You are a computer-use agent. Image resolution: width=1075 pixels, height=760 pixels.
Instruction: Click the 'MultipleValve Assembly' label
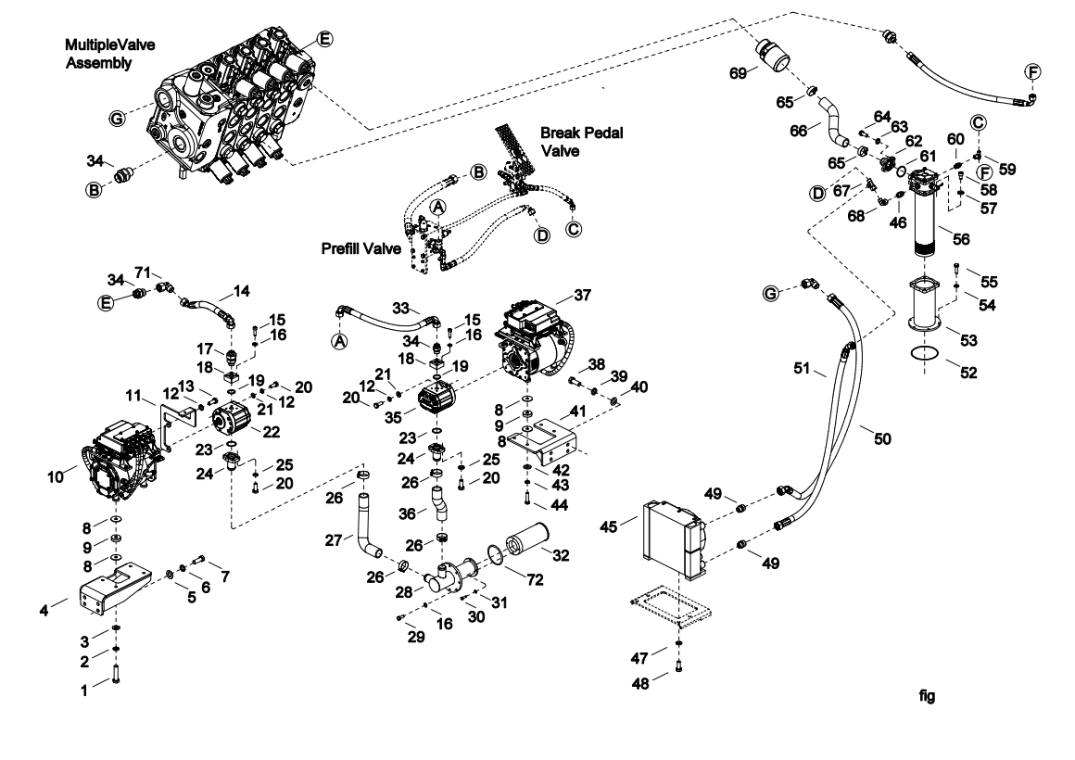click(x=109, y=54)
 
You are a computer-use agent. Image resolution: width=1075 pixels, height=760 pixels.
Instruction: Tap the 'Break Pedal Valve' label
click(x=581, y=141)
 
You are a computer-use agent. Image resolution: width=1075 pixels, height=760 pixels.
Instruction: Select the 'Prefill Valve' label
click(x=361, y=248)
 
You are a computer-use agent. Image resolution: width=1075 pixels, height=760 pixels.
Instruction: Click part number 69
click(x=738, y=72)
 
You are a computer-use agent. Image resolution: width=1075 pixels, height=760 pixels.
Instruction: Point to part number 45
click(x=608, y=526)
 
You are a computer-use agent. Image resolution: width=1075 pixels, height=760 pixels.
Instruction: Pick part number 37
click(x=582, y=295)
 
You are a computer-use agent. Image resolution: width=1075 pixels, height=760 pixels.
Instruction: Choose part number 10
click(x=56, y=476)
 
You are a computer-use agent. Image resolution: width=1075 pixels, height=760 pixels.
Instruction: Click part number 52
click(x=968, y=373)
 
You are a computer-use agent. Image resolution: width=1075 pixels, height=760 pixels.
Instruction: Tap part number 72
click(x=534, y=579)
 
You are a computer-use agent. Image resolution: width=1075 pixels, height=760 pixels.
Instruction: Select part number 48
click(x=639, y=684)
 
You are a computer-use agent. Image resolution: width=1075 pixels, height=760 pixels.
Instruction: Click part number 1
click(x=84, y=690)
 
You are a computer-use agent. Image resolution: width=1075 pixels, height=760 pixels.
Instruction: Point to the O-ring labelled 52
click(x=924, y=354)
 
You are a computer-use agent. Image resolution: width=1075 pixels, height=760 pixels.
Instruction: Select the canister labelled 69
click(x=773, y=55)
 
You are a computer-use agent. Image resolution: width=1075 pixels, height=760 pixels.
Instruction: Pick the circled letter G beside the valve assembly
click(x=118, y=119)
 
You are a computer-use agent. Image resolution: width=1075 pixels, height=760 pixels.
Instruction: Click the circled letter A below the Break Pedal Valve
click(x=437, y=207)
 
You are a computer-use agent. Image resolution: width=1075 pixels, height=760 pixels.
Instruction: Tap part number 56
click(x=961, y=239)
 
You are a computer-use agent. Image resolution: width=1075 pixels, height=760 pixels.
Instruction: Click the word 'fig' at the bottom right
click(x=927, y=696)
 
